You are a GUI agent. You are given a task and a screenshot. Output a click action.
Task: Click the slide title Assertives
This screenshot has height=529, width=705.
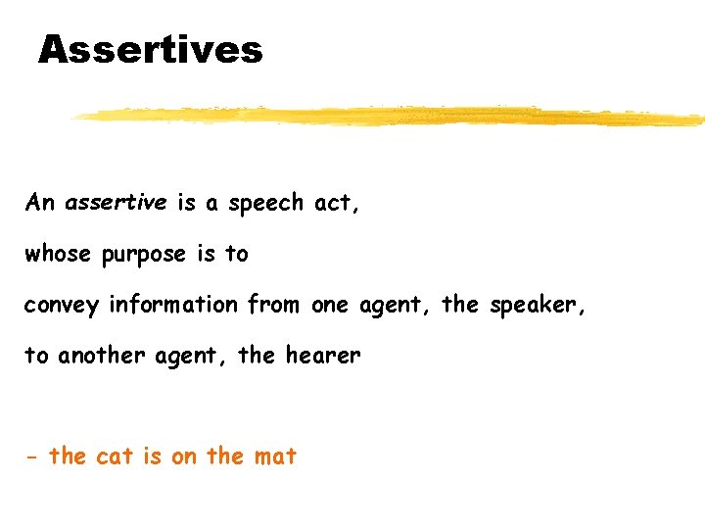point(150,49)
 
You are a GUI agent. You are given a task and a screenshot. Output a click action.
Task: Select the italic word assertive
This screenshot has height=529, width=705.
point(116,203)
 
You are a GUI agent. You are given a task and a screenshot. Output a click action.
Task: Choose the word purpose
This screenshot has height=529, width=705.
point(143,255)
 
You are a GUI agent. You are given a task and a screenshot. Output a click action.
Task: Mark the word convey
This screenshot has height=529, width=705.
point(62,306)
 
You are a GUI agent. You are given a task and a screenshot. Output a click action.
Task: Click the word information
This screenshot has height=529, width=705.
point(173,305)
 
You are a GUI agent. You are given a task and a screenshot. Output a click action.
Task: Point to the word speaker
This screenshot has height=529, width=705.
point(535,305)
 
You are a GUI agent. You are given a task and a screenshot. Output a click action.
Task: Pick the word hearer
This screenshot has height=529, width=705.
point(322,356)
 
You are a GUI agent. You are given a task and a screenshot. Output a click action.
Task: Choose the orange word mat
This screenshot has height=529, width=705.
point(274,456)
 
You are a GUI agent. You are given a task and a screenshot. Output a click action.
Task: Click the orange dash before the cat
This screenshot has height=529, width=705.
point(32,457)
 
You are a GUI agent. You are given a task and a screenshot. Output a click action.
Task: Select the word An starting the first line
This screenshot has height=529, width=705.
point(40,203)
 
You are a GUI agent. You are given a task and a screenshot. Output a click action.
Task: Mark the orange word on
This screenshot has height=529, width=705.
point(184,457)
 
